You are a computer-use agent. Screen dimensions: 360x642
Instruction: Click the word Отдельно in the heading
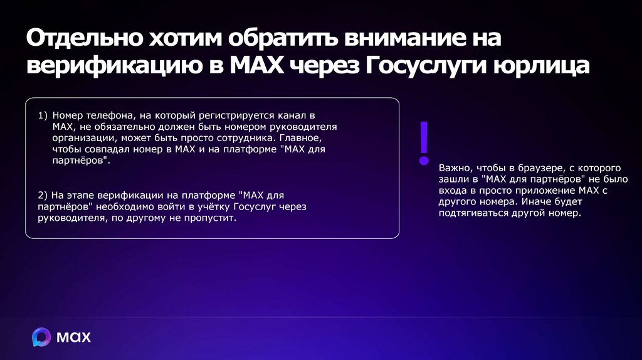[x=82, y=39]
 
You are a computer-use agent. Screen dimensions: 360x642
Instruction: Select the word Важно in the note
[x=455, y=169]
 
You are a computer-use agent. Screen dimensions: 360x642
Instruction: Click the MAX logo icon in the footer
[x=41, y=337]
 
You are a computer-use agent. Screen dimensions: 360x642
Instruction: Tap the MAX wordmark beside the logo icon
[x=74, y=337]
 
